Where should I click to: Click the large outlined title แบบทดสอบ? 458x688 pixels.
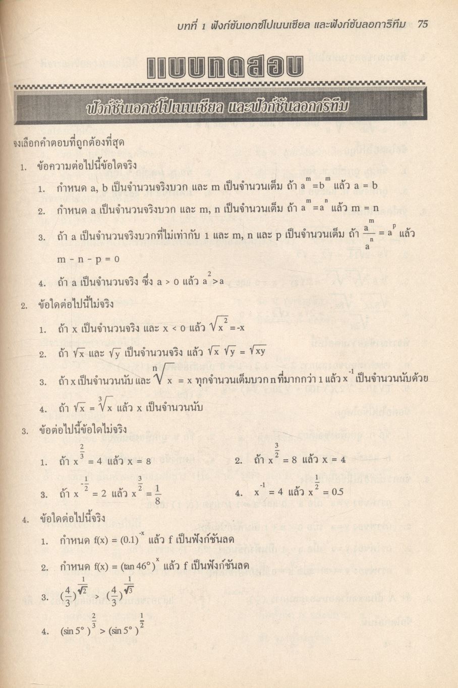pyautogui.click(x=219, y=68)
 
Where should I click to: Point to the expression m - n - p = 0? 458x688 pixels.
pyautogui.click(x=89, y=259)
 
